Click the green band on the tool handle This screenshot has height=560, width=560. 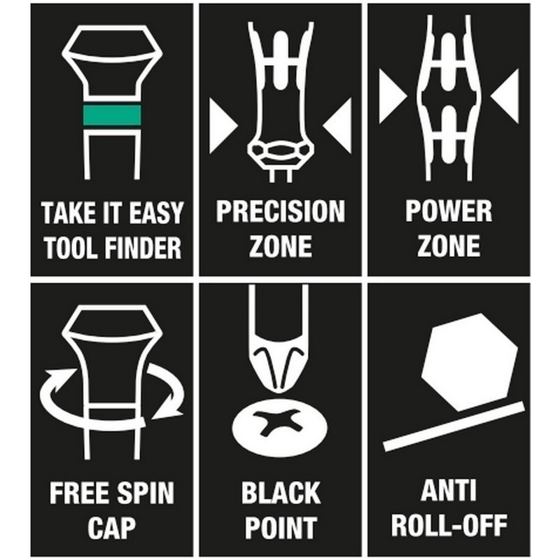(112, 115)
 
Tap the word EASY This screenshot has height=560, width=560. (155, 213)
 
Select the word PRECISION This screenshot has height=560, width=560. (281, 211)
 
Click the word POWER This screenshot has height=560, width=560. (449, 211)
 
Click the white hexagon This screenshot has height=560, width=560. (470, 363)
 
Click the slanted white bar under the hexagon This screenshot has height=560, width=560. (454, 426)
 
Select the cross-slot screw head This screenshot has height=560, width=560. (279, 423)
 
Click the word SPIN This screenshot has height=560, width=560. (146, 493)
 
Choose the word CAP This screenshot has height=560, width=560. (112, 528)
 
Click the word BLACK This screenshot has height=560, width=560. (281, 493)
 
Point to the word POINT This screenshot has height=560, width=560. (281, 528)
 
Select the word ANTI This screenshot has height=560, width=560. (449, 491)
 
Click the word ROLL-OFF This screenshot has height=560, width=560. (449, 525)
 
